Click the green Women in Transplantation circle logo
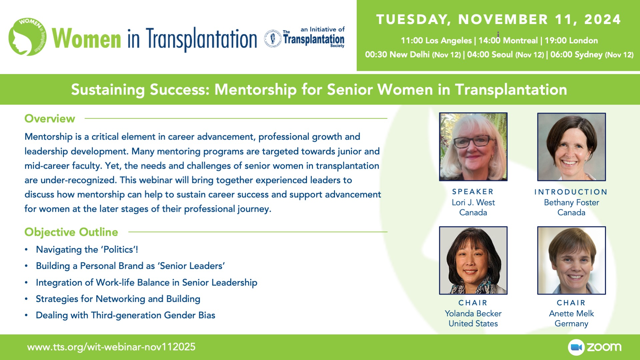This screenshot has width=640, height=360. (27, 37)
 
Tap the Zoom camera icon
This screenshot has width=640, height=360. (576, 347)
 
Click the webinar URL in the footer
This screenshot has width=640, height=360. (111, 347)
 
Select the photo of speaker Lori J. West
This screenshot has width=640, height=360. (473, 147)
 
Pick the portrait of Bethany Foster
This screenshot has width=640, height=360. (571, 147)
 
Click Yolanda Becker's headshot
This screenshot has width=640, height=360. (473, 260)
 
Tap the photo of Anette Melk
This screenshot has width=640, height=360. (571, 260)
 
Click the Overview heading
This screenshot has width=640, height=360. (50, 119)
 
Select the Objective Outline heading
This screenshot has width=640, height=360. (71, 232)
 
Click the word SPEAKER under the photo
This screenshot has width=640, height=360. (473, 192)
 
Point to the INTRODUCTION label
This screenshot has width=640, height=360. (571, 192)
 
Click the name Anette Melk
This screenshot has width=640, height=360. (571, 313)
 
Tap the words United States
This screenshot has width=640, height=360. (473, 323)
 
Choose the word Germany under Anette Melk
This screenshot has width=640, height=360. (571, 324)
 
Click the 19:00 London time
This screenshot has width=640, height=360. (571, 40)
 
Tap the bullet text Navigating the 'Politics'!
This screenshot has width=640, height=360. (87, 249)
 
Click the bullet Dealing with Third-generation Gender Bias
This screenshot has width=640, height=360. (125, 315)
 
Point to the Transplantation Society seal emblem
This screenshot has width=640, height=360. (273, 38)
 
